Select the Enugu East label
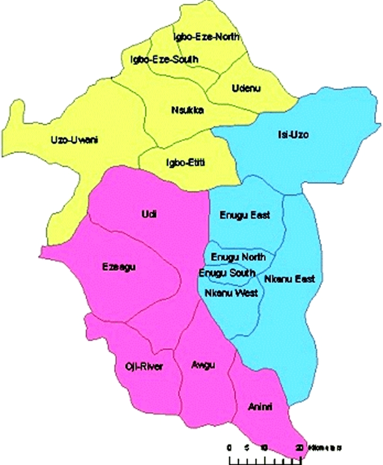pyautogui.click(x=245, y=215)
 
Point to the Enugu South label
pyautogui.click(x=223, y=273)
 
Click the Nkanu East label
pyautogui.click(x=290, y=278)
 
